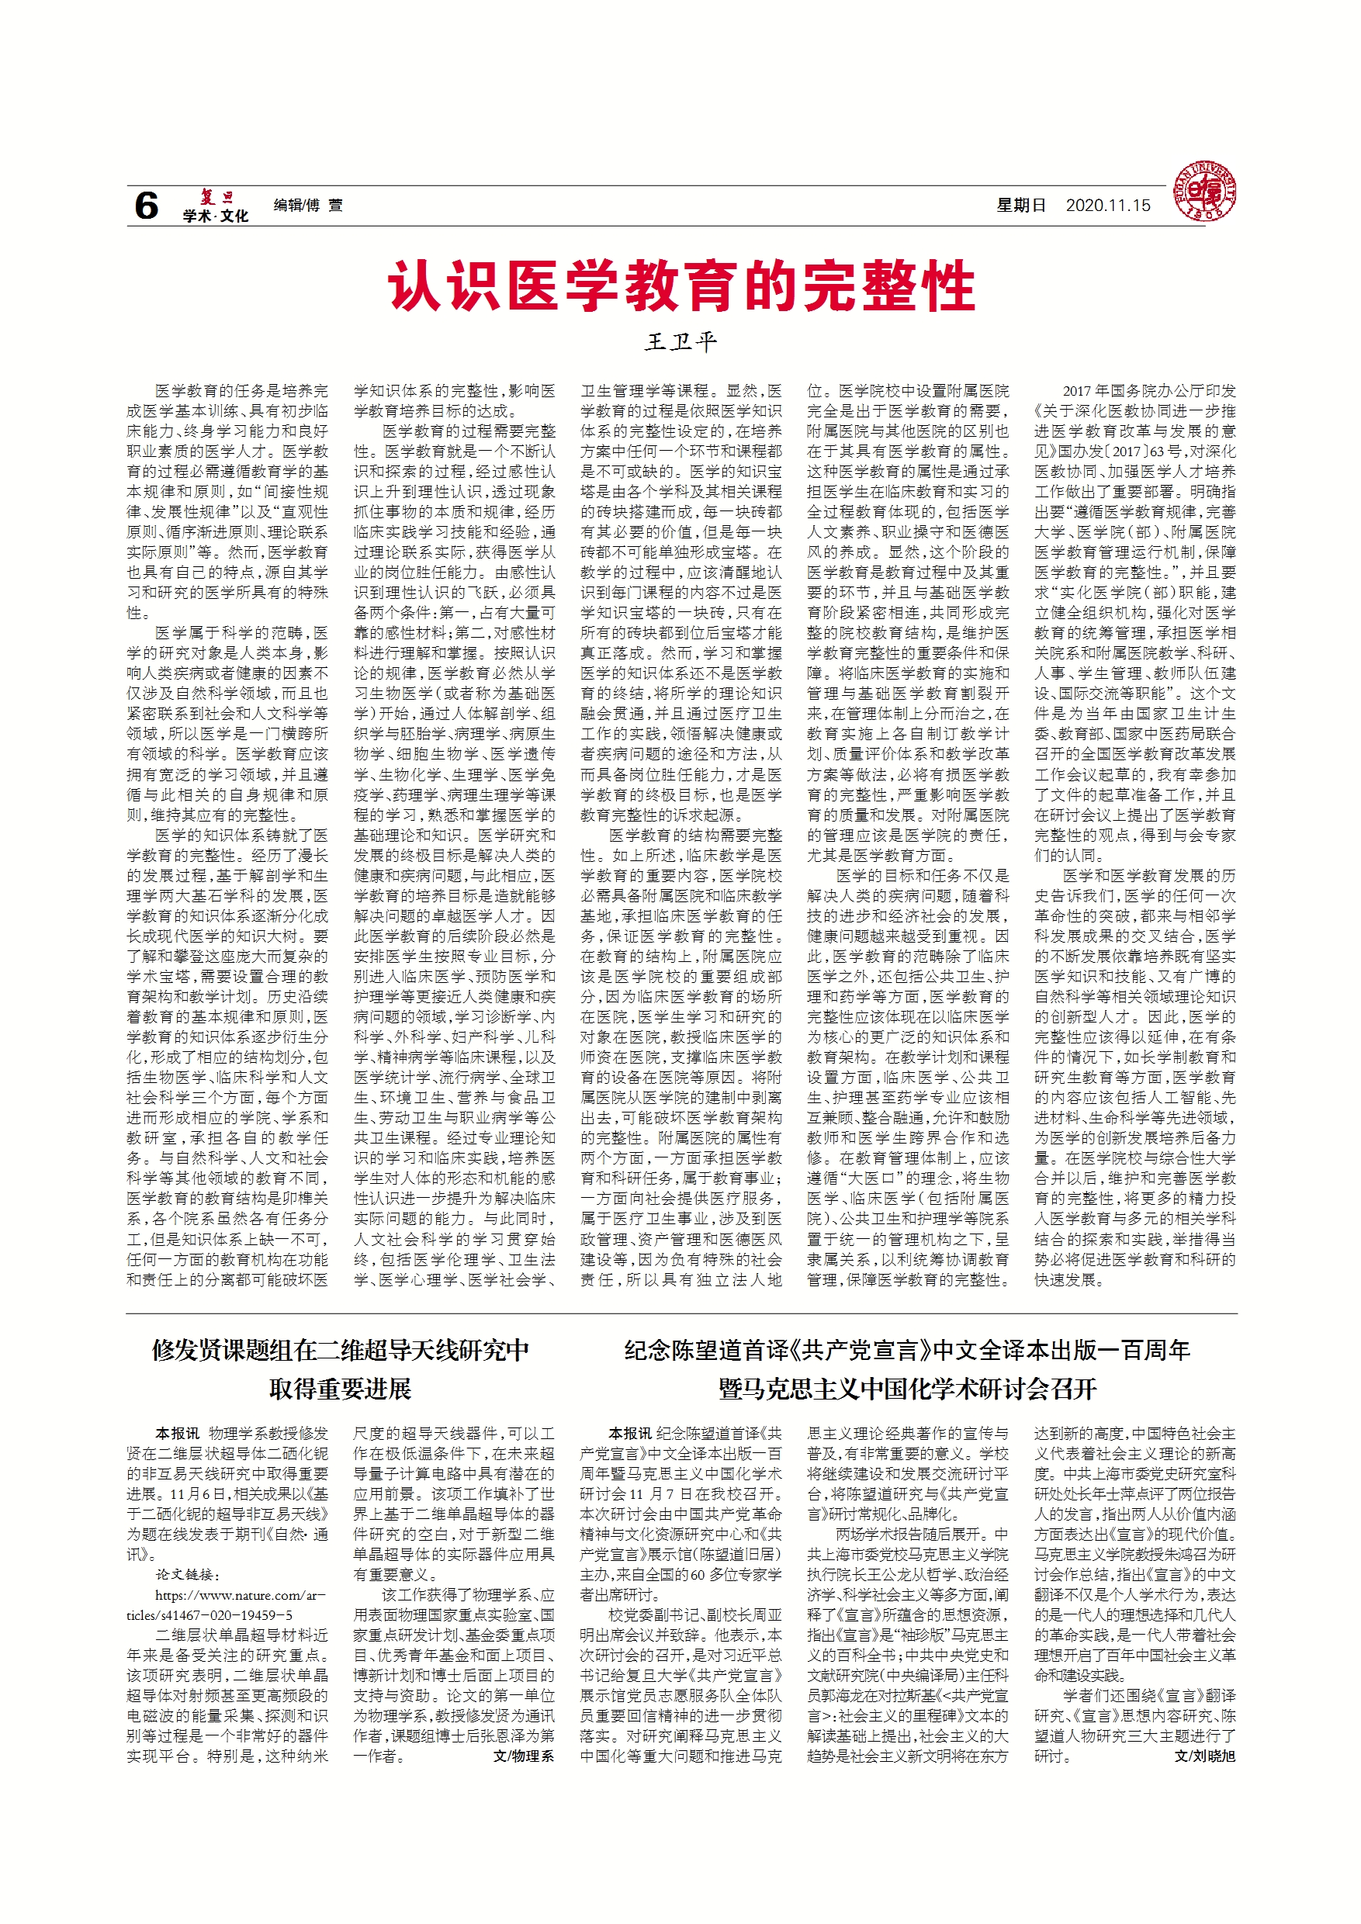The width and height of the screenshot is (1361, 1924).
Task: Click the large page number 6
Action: pyautogui.click(x=147, y=206)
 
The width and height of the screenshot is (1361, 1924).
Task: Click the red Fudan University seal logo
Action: pyautogui.click(x=1204, y=192)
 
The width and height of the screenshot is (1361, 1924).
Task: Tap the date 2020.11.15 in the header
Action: pyautogui.click(x=1108, y=206)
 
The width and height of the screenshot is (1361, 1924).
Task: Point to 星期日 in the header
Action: pyautogui.click(x=1021, y=206)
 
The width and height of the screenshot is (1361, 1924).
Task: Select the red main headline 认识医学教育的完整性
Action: pyautogui.click(x=680, y=285)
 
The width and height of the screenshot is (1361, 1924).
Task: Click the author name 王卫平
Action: pyautogui.click(x=680, y=341)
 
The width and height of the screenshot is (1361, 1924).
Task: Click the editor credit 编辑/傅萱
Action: pyautogui.click(x=307, y=206)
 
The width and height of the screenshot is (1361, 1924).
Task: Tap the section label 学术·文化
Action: pyautogui.click(x=216, y=216)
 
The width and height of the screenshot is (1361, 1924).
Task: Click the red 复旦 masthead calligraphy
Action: pyautogui.click(x=216, y=197)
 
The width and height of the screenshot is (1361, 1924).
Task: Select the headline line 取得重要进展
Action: pyautogui.click(x=340, y=1389)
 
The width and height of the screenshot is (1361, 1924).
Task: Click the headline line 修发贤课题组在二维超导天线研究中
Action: pyautogui.click(x=340, y=1349)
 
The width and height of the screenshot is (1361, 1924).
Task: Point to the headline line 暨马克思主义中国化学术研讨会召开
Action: pyautogui.click(x=907, y=1389)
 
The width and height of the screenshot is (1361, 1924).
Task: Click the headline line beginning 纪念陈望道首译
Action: pyautogui.click(x=907, y=1349)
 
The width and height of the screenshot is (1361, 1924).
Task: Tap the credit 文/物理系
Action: pyautogui.click(x=524, y=1756)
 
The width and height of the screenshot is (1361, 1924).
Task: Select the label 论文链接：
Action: pyautogui.click(x=187, y=1575)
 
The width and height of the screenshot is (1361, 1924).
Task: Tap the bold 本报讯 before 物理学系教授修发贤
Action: pyautogui.click(x=177, y=1433)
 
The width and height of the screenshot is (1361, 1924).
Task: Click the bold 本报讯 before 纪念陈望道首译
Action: pyautogui.click(x=629, y=1433)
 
